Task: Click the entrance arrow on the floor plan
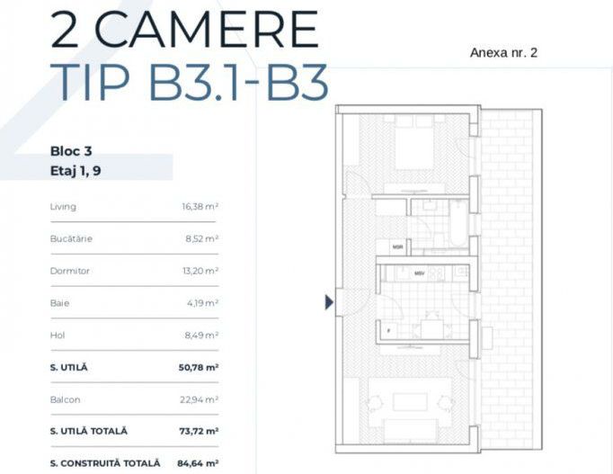coord(329,303)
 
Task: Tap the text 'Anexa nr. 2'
coord(503,52)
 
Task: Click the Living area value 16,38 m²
coord(200,207)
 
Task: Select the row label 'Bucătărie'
coord(71,239)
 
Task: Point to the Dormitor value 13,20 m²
coord(200,271)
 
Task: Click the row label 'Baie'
coord(59,303)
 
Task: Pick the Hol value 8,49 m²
coord(201,335)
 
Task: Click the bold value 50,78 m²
coord(199,367)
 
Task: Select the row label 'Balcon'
coord(65,398)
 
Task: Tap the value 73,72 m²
coord(199,431)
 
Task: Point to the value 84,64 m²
coord(199,463)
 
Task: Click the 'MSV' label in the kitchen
coord(419,273)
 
